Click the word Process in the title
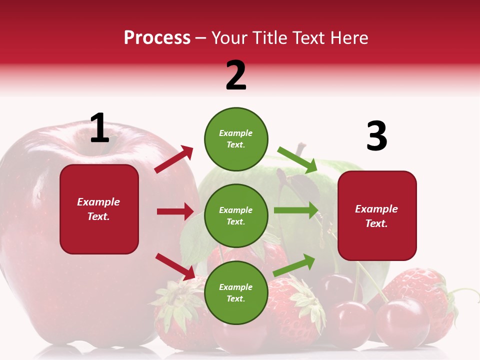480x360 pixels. tap(157, 38)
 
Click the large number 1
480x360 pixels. tap(99, 128)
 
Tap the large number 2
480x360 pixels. tap(236, 75)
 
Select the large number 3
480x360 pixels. tap(376, 136)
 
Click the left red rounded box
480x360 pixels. tap(99, 209)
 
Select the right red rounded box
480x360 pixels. tap(377, 215)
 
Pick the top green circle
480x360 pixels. tap(236, 139)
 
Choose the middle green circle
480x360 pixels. tap(236, 215)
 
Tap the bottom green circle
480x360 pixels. tap(236, 292)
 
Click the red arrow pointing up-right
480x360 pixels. tap(174, 159)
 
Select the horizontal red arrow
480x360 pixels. tap(175, 211)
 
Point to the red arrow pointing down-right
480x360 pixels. tap(175, 266)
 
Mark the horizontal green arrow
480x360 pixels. tap(296, 210)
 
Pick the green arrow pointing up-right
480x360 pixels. tap(294, 265)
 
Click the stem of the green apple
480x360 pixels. tap(300, 149)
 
